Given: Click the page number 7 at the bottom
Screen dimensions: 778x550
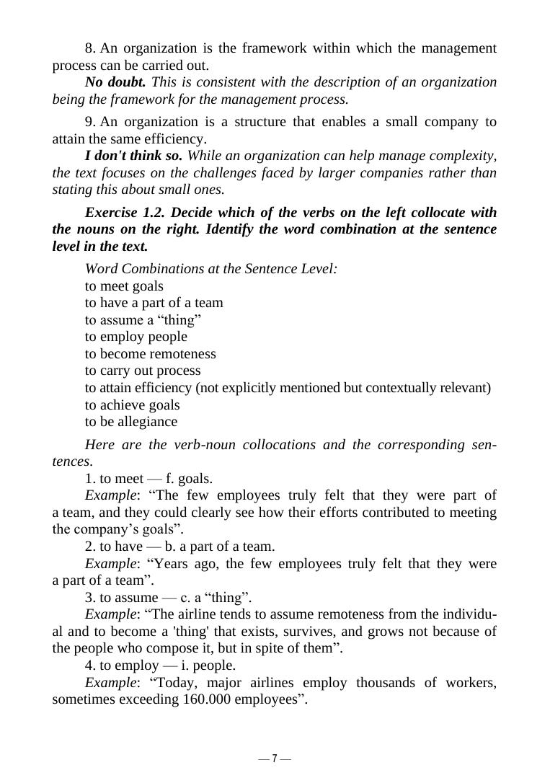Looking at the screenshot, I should point(275,759).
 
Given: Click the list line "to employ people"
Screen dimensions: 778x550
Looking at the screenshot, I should point(136,337).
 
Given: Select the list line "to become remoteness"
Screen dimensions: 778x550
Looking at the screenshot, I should point(150,354).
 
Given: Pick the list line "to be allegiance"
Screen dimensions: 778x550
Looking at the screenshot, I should point(130,422).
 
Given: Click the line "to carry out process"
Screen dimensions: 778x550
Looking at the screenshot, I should point(143,371).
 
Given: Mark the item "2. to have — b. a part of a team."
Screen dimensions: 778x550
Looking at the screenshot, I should point(179,546).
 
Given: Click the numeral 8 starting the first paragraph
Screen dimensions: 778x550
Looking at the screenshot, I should point(89,48).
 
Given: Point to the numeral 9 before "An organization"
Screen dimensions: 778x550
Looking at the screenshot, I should point(89,122).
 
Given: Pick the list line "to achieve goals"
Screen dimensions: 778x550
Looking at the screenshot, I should point(132,405).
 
